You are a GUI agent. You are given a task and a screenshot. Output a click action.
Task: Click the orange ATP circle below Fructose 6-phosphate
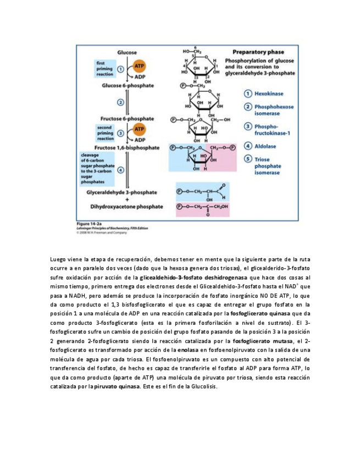[140, 129]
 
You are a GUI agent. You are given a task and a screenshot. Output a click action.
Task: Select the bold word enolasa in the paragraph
[188, 349]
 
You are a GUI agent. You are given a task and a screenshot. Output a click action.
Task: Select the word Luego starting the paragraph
[57, 258]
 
